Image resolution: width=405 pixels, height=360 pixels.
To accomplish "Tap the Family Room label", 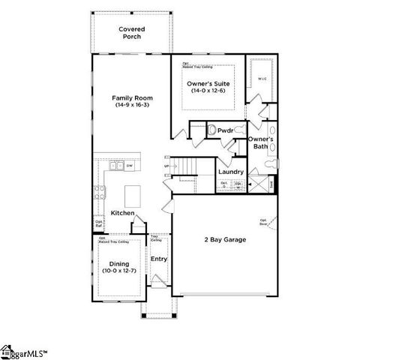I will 128,98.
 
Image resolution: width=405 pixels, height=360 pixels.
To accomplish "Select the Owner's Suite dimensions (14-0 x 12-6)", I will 208,91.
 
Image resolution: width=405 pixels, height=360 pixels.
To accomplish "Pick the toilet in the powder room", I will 212,130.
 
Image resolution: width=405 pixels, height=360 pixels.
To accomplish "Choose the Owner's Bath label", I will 261,142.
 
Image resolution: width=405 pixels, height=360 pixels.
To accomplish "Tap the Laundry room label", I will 230,171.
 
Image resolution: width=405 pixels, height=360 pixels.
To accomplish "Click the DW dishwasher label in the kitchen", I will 129,165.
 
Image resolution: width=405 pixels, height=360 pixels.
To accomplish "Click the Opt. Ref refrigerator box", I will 99,223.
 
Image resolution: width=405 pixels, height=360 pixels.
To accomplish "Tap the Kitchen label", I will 122,214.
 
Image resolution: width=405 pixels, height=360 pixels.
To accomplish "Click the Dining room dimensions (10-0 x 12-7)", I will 119,271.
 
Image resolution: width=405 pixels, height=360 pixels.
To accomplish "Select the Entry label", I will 159,259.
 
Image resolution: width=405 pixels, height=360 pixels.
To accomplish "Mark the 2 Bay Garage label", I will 225,240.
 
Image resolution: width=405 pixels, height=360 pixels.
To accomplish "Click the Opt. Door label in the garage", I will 264,222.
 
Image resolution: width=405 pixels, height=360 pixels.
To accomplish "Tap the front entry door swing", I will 158,283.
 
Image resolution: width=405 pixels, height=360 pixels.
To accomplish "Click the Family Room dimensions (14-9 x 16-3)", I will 128,106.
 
